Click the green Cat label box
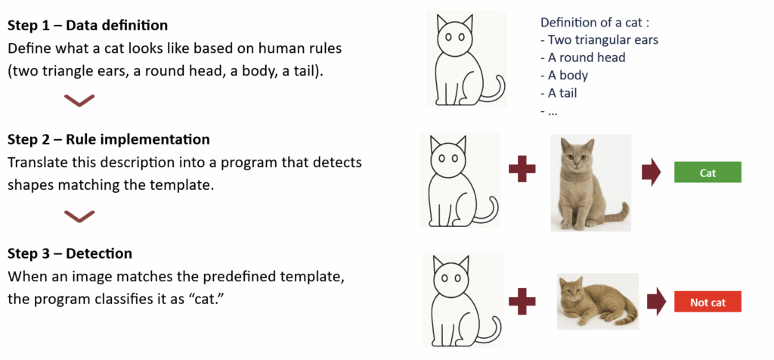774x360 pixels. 707,173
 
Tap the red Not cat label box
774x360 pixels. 707,303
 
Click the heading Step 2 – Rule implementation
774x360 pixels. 109,140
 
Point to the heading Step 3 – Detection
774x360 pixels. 70,254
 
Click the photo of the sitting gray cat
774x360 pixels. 591,182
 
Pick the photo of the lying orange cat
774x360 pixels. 597,301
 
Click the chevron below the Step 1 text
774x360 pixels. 79,101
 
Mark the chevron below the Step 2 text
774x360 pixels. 79,217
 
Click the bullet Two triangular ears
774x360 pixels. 605,40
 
